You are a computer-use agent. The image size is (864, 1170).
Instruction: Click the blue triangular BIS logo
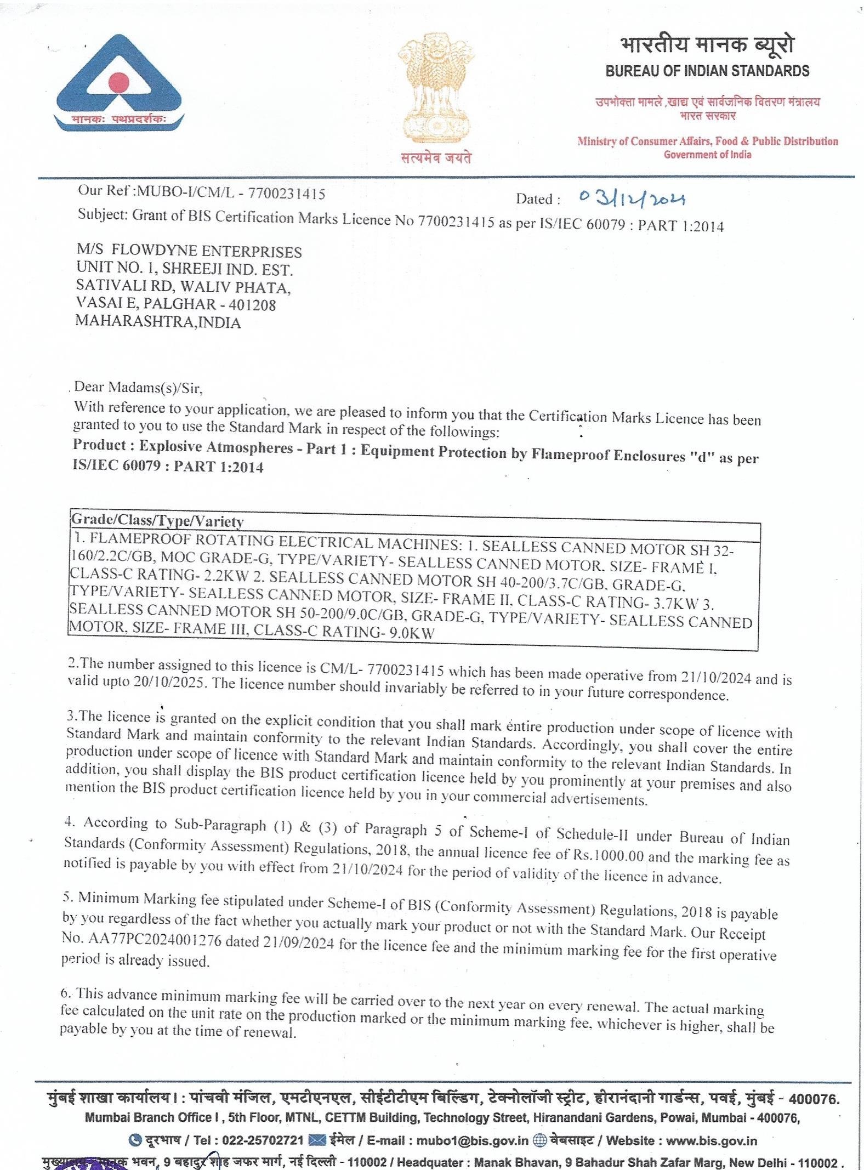[120, 82]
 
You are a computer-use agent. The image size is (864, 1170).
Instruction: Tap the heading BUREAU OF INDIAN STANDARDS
[707, 71]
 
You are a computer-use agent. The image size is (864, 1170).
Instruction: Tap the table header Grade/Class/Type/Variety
[157, 520]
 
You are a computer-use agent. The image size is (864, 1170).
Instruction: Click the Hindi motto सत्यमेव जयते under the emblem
[436, 158]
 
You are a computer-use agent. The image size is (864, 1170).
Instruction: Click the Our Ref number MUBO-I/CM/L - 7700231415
[231, 192]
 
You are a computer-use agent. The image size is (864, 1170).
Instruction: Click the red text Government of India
[707, 155]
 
